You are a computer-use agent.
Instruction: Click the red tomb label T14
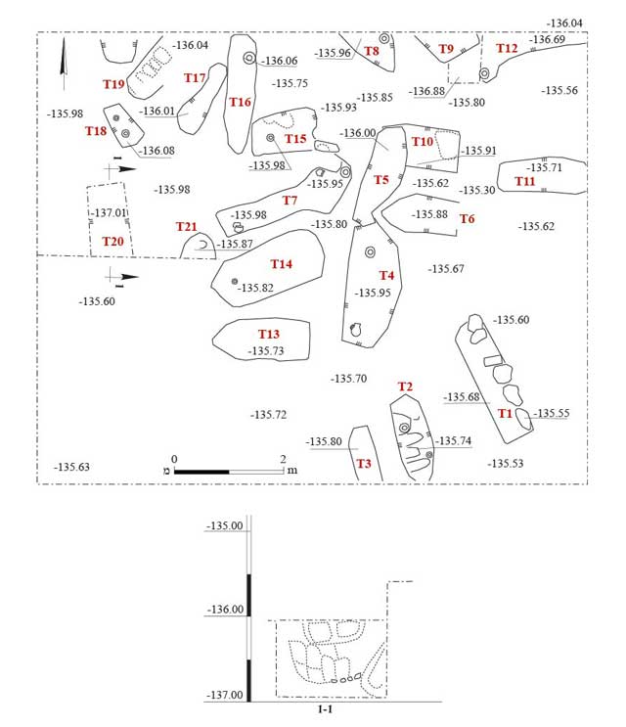point(282,264)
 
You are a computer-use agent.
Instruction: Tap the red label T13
point(269,335)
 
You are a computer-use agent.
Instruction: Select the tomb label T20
point(113,241)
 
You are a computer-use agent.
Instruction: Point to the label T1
point(505,413)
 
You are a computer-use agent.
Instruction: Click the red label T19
point(114,84)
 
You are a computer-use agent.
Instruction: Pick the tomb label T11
point(525,181)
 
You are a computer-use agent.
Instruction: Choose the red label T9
point(446,49)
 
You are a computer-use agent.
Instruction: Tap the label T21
point(187,227)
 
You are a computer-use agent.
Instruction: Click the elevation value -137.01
point(110,212)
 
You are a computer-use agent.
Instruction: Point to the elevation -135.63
point(72,467)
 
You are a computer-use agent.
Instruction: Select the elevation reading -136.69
point(547,39)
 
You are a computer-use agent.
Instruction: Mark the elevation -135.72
point(268,415)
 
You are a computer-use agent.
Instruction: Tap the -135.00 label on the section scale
point(224,526)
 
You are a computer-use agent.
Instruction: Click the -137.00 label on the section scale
point(224,695)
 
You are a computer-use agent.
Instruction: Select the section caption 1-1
point(326,709)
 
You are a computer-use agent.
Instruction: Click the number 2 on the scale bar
point(283,458)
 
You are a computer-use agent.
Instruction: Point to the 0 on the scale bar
point(174,458)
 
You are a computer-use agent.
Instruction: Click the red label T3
point(364,463)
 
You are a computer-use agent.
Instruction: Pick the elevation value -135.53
point(505,464)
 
